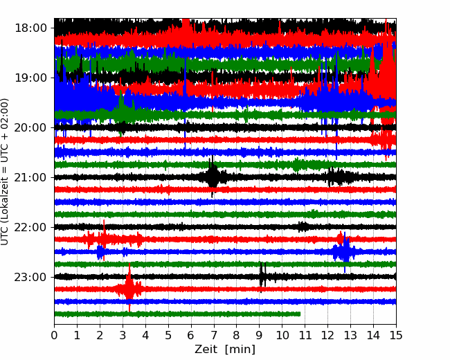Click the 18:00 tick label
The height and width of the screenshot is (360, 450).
[x=30, y=28]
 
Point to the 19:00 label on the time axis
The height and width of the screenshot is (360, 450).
[x=30, y=78]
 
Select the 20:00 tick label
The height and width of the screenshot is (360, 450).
[x=30, y=128]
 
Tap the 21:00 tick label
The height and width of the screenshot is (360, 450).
[x=30, y=177]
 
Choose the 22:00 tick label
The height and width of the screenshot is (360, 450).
[x=30, y=227]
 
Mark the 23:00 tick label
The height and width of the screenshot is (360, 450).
[x=30, y=278]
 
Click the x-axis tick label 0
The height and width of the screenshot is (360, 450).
[x=54, y=335]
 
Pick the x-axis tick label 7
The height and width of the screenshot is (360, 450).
[x=214, y=335]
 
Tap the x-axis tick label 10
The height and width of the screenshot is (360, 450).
[x=282, y=335]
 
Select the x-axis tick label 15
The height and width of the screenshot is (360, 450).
[x=396, y=335]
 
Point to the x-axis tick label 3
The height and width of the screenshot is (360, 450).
[x=123, y=335]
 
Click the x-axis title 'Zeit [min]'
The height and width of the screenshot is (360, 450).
[x=225, y=350]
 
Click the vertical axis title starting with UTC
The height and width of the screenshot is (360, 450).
[x=4, y=172]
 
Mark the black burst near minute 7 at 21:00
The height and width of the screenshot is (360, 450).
[x=213, y=177]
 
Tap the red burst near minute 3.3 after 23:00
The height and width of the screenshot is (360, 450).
[x=129, y=288]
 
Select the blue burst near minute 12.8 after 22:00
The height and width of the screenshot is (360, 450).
[x=345, y=252]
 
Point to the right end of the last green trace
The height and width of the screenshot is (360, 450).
[x=300, y=314]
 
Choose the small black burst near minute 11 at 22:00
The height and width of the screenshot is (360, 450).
[x=303, y=227]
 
